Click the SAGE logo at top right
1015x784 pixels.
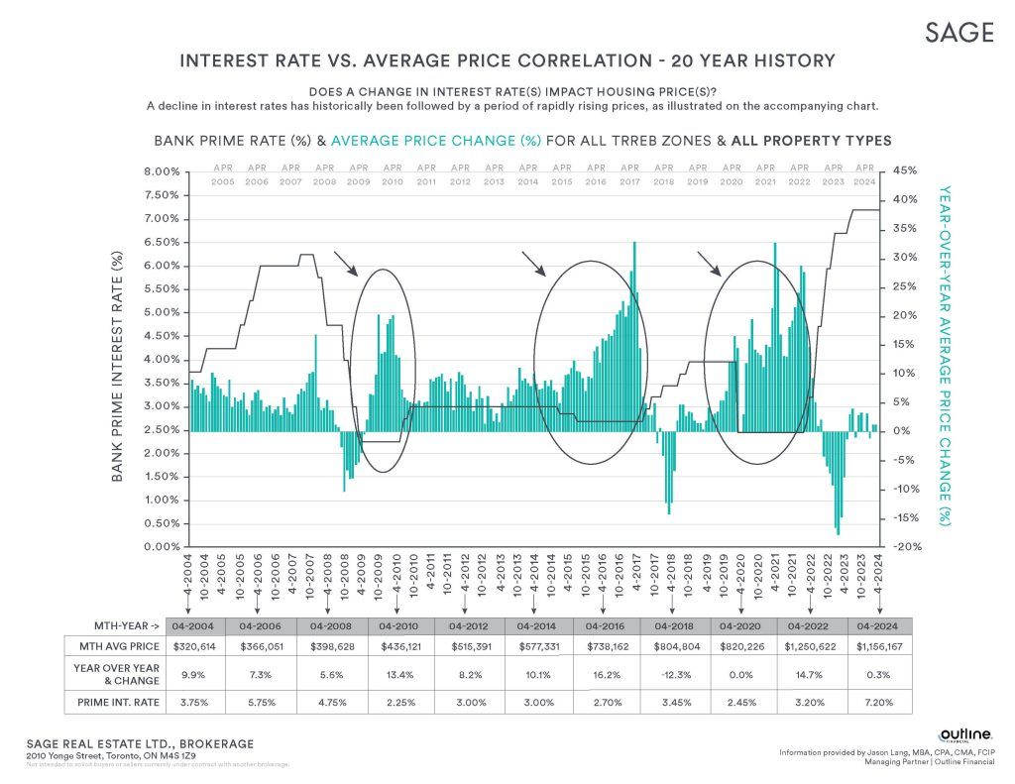pyautogui.click(x=959, y=32)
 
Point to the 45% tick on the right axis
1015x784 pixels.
pyautogui.click(x=905, y=171)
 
